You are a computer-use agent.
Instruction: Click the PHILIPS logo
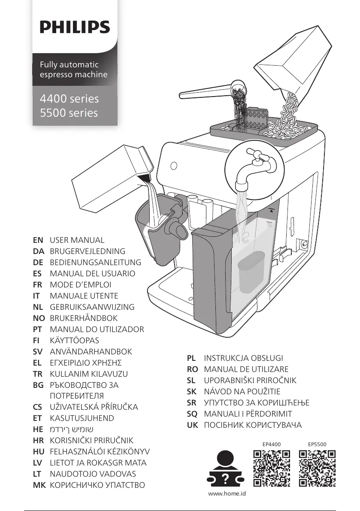point(75,28)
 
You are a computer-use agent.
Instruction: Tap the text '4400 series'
point(69,99)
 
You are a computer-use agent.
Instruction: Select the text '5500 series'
point(69,113)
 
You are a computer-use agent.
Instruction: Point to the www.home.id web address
point(227,494)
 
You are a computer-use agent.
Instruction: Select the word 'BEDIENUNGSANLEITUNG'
point(95,262)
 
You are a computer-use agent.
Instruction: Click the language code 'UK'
point(192,425)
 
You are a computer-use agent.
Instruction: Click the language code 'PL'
point(191,358)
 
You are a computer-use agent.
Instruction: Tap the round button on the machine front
point(174,166)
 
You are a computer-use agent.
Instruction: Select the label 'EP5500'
point(317,444)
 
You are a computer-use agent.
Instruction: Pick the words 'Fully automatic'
point(69,65)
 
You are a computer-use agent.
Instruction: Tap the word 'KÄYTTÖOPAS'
point(74,340)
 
